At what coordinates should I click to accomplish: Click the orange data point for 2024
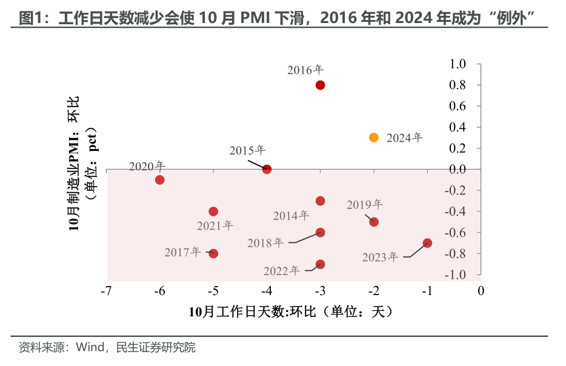click(374, 138)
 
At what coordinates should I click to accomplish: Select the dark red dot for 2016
click(321, 85)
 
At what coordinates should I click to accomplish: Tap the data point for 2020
click(160, 179)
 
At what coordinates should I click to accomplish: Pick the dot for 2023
click(427, 243)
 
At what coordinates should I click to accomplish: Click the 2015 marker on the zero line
click(267, 169)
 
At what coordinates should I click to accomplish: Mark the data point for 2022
click(321, 264)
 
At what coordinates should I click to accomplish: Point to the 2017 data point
click(213, 253)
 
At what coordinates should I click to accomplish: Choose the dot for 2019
click(374, 222)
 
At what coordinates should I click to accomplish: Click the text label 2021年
click(215, 225)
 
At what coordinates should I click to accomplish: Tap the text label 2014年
click(291, 215)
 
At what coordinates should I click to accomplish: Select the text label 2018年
click(265, 242)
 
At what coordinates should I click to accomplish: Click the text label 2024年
click(404, 138)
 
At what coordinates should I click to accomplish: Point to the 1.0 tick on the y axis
click(458, 64)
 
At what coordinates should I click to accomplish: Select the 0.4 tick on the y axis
click(458, 127)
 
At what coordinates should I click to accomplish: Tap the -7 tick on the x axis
click(106, 291)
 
